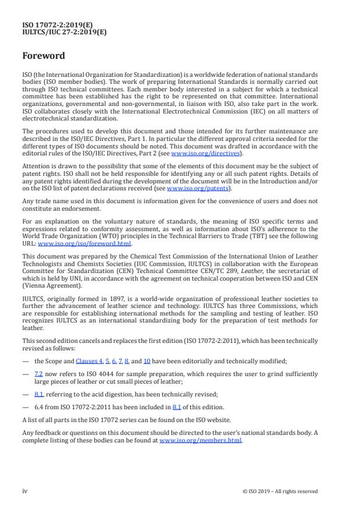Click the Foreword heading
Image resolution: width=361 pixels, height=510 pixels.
pyautogui.click(x=44, y=56)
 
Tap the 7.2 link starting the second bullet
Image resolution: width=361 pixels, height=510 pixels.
pyautogui.click(x=38, y=373)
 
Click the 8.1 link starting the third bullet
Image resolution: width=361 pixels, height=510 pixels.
pyautogui.click(x=38, y=394)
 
